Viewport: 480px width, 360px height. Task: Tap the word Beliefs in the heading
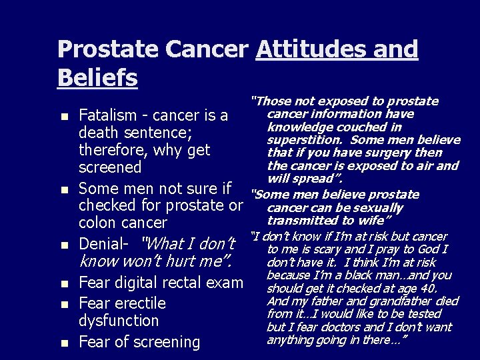click(x=97, y=77)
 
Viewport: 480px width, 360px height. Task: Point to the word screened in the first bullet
click(x=110, y=167)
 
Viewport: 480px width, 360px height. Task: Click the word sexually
click(x=379, y=207)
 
